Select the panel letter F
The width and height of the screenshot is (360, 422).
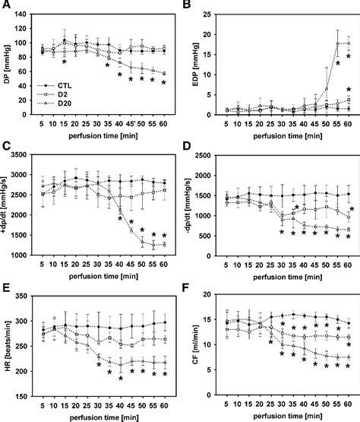pos(188,287)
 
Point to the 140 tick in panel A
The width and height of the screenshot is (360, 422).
pos(24,13)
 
